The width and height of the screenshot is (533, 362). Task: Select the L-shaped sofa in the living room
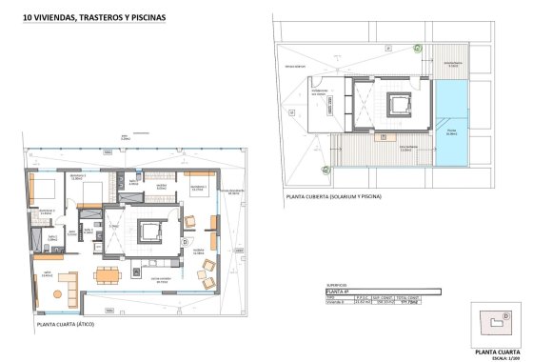pos(66,283)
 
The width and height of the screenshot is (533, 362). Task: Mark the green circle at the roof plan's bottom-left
pos(326,170)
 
